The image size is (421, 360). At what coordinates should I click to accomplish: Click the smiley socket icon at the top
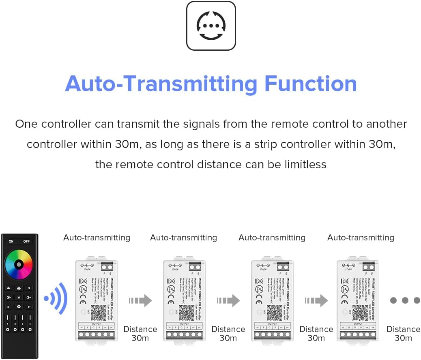click(x=211, y=26)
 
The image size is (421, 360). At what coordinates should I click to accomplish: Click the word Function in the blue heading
click(x=310, y=84)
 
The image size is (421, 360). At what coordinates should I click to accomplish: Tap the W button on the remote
click(x=19, y=298)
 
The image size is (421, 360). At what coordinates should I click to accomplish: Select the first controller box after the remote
click(x=97, y=300)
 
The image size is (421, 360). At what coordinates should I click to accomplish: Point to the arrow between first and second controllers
click(x=140, y=300)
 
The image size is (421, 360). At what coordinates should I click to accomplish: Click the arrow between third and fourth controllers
click(x=316, y=300)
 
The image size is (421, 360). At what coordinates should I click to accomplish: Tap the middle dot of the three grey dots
click(x=405, y=300)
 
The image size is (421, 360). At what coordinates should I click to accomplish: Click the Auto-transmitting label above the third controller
click(x=272, y=238)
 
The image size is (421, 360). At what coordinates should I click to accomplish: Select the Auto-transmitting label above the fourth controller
click(x=361, y=238)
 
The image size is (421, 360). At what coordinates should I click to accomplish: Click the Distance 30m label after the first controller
click(x=140, y=333)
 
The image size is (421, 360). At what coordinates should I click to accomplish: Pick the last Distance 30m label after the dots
click(x=403, y=333)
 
